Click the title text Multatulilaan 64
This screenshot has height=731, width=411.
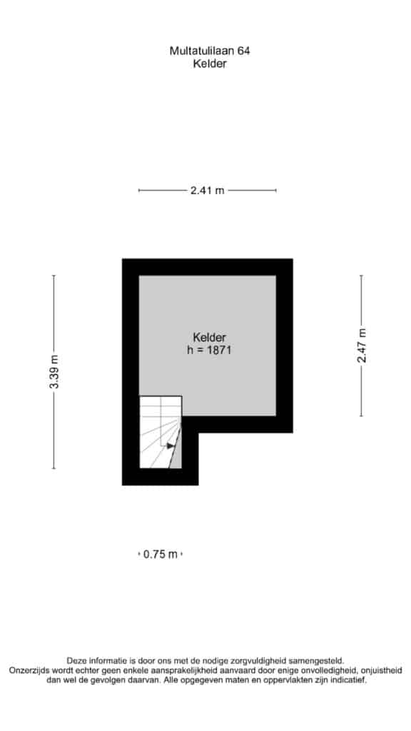pos(209,51)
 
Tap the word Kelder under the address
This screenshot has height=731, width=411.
pos(210,64)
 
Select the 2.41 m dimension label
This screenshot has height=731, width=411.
pos(208,190)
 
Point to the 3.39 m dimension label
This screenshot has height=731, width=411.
pos(54,372)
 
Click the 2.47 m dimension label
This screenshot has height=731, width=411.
pos(362,346)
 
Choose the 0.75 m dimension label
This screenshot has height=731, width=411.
pos(161,554)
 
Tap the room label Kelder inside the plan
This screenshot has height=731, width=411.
pos(210,337)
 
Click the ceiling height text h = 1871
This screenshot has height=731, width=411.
pos(209,350)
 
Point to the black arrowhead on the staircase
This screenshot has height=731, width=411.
pos(171,445)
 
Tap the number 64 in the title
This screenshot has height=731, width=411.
pos(244,51)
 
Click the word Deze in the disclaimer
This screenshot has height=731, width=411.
pos(76,660)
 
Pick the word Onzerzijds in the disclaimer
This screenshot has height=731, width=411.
pos(27,670)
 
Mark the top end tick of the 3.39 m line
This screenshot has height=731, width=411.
pos(54,276)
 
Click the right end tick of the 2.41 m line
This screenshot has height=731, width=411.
pos(276,190)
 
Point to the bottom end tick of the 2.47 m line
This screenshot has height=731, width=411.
pos(361,416)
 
